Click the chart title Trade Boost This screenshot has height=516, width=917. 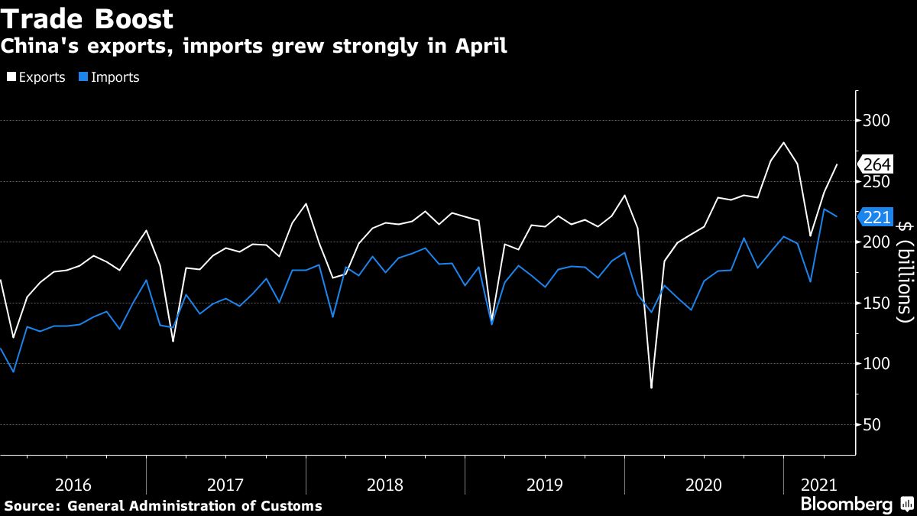87,18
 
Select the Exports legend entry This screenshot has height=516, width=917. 36,77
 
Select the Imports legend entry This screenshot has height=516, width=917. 110,77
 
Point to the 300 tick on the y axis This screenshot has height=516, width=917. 878,121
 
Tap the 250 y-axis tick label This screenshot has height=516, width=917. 878,182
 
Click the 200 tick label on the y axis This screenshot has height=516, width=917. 878,242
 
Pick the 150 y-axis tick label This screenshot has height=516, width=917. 878,303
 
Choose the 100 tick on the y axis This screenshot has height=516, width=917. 878,364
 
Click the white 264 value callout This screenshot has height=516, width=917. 876,164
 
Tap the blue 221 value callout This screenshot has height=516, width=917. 876,218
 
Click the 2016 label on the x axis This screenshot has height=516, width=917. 73,485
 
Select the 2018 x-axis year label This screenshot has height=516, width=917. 385,485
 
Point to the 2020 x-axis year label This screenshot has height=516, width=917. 704,485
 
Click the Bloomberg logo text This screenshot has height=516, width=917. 846,505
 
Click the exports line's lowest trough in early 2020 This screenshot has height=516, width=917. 651,388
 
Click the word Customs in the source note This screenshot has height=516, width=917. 294,506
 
